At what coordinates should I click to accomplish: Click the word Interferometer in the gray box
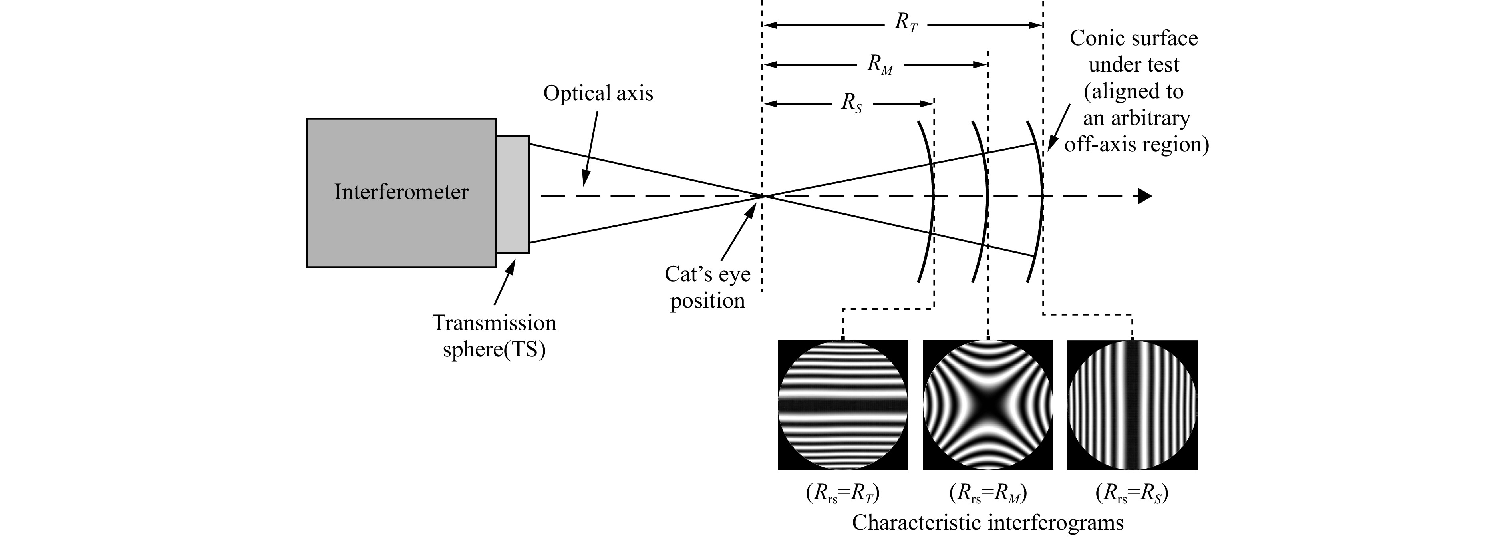click(x=401, y=192)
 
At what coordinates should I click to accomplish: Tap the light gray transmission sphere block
click(x=513, y=195)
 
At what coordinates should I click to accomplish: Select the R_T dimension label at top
click(x=906, y=24)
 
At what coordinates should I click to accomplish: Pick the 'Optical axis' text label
click(x=598, y=93)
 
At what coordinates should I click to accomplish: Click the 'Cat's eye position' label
click(x=707, y=287)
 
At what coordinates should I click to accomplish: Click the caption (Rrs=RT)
click(x=843, y=493)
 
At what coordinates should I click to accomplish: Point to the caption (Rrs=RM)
click(x=988, y=493)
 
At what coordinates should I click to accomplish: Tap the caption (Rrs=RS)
click(x=1132, y=493)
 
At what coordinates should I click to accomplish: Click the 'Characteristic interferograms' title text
click(x=988, y=522)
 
